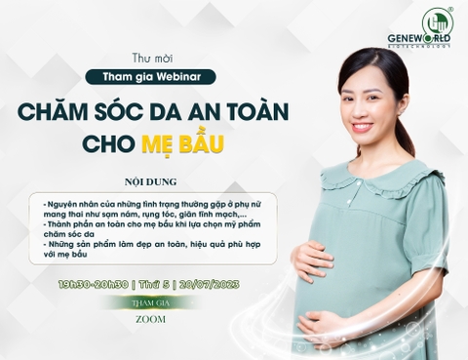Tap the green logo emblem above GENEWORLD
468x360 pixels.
436,22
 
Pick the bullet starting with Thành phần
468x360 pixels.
156,229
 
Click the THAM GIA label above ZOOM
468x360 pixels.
150,302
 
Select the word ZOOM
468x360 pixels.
150,318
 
